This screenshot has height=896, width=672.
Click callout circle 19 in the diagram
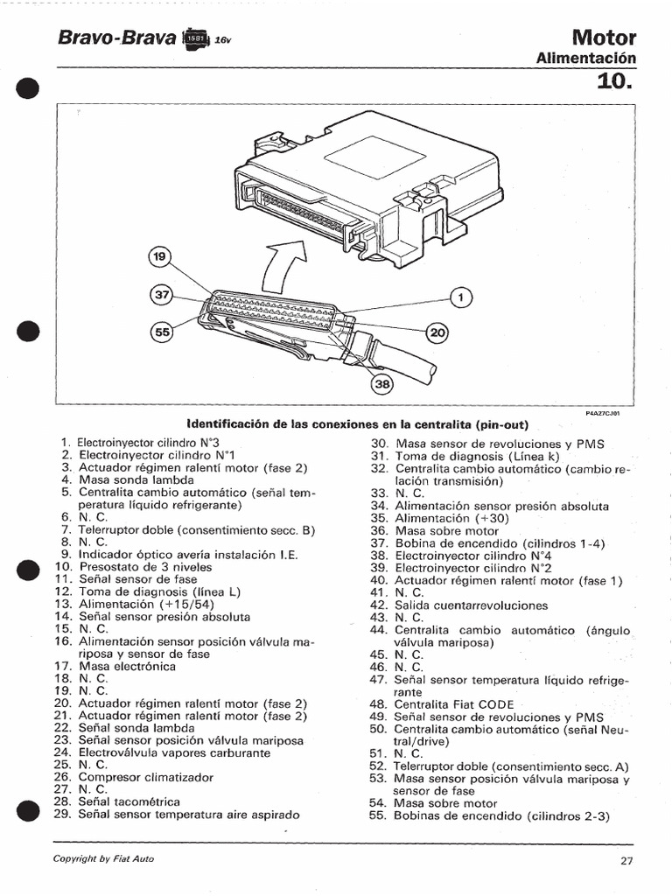[x=160, y=257]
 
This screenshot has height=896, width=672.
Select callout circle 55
[x=161, y=332]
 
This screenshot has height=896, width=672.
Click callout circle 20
[x=436, y=332]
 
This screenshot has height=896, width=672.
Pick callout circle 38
[x=382, y=382]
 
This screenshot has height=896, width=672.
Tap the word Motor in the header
[x=604, y=38]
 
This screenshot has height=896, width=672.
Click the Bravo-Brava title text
[x=116, y=38]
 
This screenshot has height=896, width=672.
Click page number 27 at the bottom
[x=626, y=860]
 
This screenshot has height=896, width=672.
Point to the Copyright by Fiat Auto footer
[x=103, y=858]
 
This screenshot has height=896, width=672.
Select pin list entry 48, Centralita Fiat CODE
[x=442, y=703]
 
